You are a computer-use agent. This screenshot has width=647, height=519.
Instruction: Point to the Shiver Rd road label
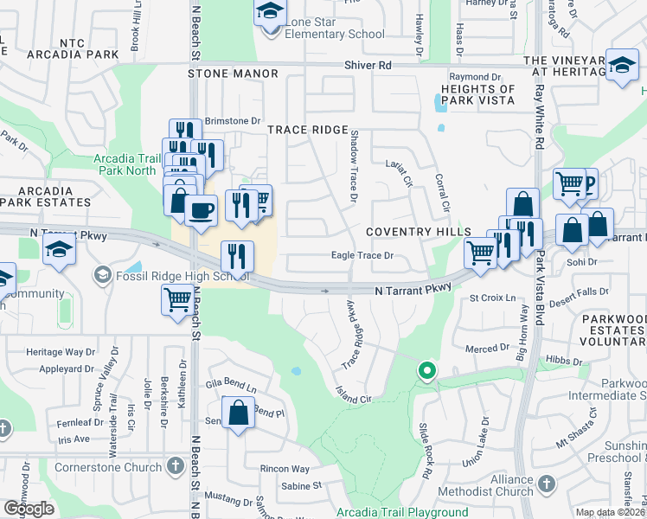click(368, 66)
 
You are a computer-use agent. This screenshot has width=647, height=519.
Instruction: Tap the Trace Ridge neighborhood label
click(307, 130)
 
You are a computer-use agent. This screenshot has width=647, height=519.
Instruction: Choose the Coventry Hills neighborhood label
click(419, 232)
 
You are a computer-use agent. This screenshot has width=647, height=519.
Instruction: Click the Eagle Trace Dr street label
click(363, 256)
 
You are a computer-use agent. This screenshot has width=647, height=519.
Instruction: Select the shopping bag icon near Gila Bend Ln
click(239, 413)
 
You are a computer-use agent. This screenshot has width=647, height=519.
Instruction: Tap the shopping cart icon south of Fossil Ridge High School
click(177, 300)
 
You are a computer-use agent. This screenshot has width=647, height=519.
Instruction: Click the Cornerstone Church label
click(108, 467)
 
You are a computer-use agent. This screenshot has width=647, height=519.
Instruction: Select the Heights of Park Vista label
click(478, 95)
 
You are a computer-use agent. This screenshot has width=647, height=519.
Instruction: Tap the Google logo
click(29, 509)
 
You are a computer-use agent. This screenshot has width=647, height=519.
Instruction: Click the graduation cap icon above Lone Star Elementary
click(270, 12)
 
